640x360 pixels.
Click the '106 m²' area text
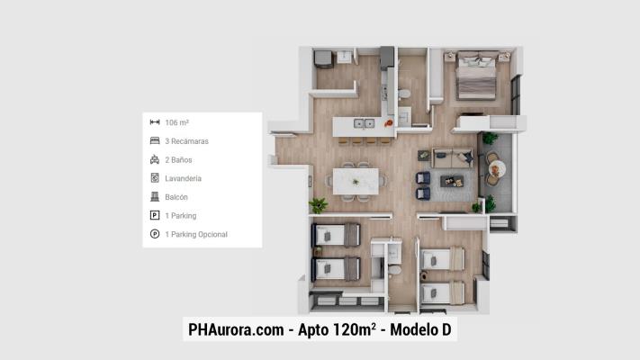click(176, 122)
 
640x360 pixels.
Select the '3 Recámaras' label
click(186, 141)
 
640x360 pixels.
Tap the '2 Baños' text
click(178, 159)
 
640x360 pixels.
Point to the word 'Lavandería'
click(183, 178)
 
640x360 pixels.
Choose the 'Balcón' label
click(176, 197)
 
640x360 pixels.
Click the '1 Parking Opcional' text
click(196, 234)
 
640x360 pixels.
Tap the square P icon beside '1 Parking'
click(155, 216)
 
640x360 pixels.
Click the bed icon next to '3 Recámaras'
click(155, 141)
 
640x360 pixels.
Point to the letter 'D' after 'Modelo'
click(446, 330)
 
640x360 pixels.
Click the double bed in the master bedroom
click(474, 77)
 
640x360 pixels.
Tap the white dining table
click(357, 180)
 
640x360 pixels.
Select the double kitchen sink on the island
click(364, 123)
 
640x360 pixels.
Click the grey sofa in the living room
click(452, 158)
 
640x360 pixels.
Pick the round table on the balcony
click(496, 168)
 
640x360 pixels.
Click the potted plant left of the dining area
click(318, 206)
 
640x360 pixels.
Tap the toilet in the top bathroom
click(405, 94)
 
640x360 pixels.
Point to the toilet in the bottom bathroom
click(394, 271)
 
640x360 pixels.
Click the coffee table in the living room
click(451, 180)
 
